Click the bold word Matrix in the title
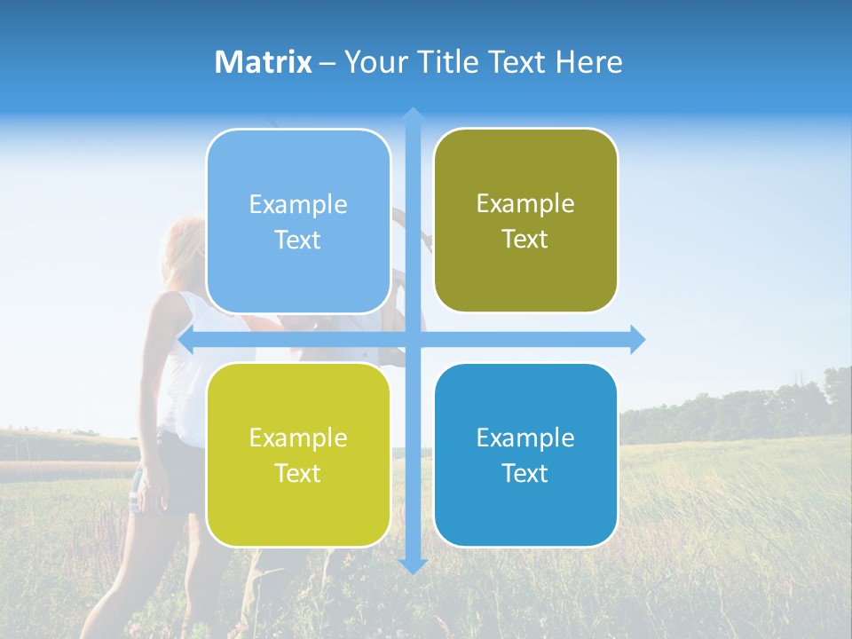pyautogui.click(x=264, y=62)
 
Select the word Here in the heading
pyautogui.click(x=588, y=62)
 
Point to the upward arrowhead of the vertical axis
pyautogui.click(x=413, y=115)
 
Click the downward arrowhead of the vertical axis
pyautogui.click(x=413, y=565)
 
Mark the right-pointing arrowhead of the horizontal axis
pyautogui.click(x=637, y=340)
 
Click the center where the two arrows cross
pyautogui.click(x=413, y=340)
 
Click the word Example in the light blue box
pyautogui.click(x=298, y=205)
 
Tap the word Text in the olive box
pyautogui.click(x=525, y=240)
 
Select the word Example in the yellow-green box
pyautogui.click(x=298, y=438)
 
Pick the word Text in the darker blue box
pyautogui.click(x=525, y=474)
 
